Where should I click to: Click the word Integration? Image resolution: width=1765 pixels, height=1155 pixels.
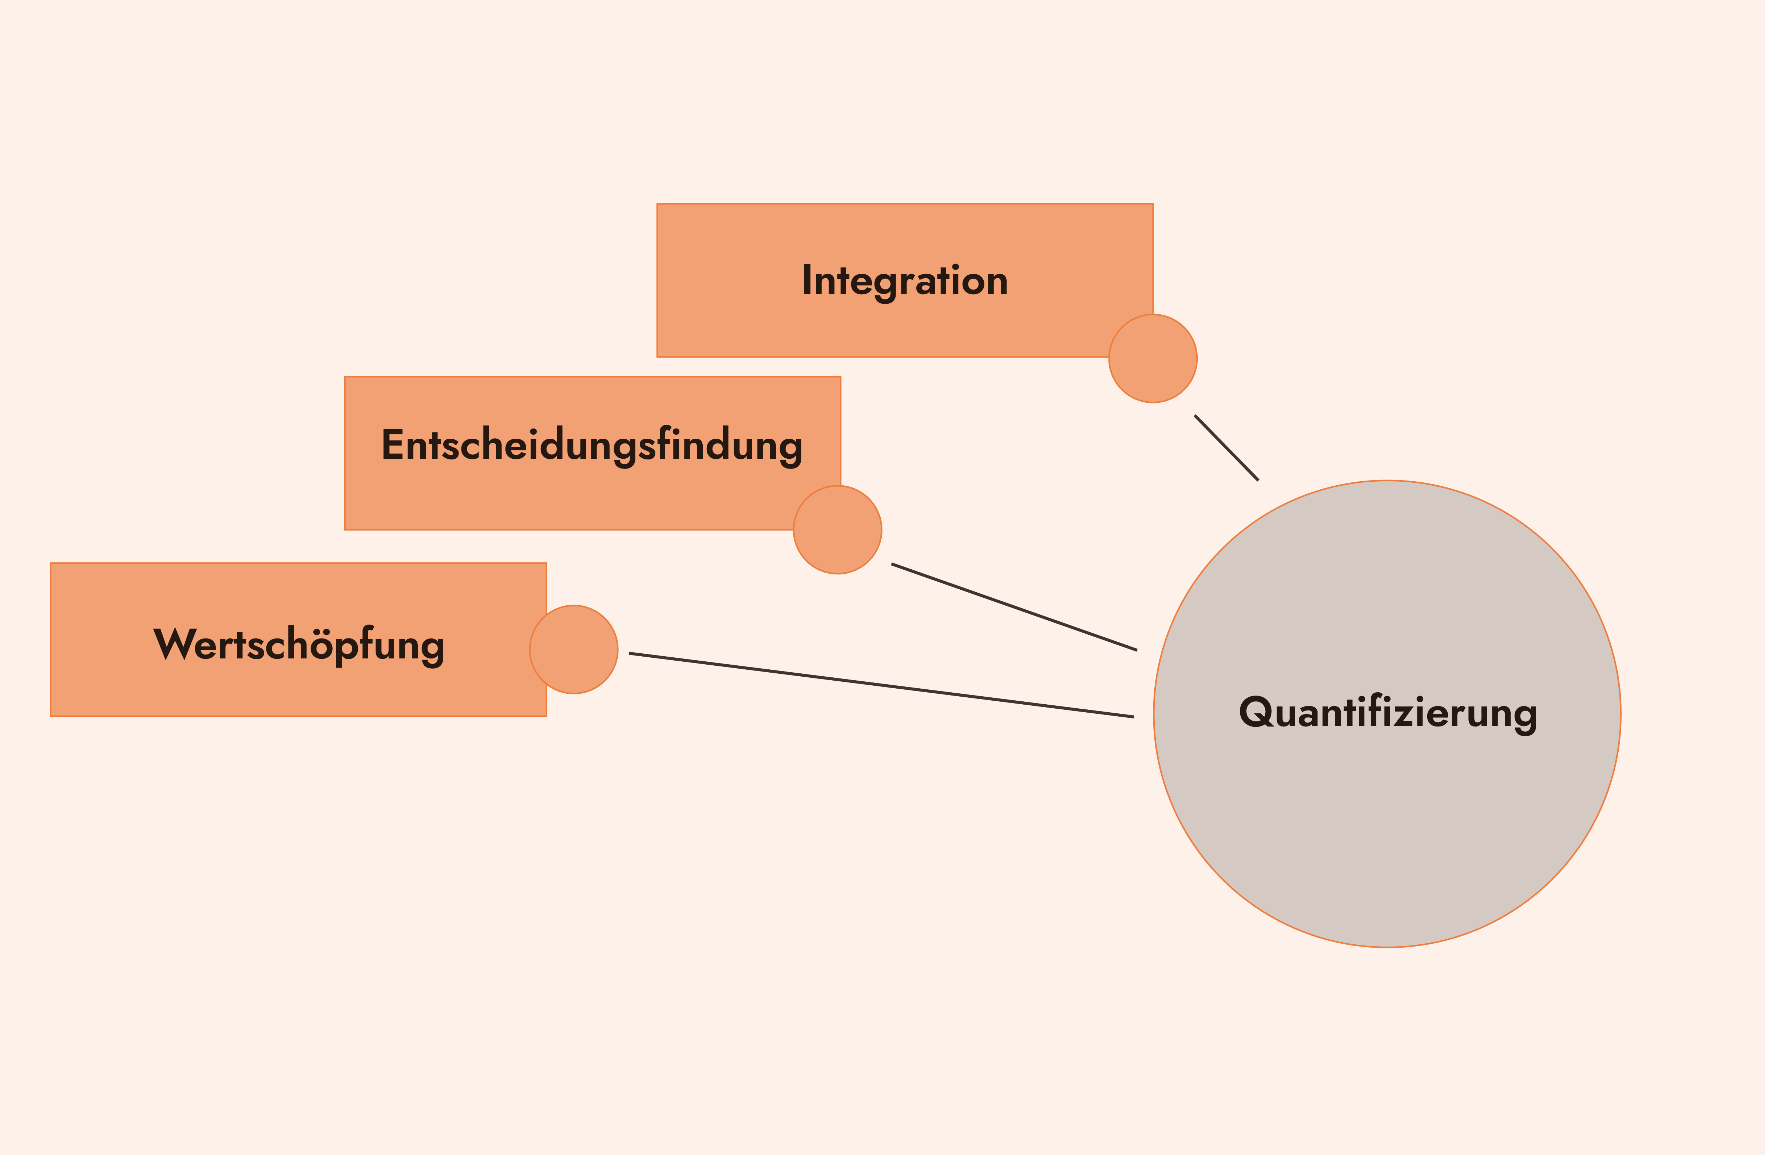[905, 282]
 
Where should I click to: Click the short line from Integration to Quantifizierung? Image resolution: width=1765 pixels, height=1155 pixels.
[1227, 448]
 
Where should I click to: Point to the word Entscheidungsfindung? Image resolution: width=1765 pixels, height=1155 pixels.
[592, 446]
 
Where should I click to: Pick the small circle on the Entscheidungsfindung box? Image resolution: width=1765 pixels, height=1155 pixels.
[837, 530]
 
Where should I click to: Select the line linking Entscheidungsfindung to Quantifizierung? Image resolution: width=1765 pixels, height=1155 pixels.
[1014, 607]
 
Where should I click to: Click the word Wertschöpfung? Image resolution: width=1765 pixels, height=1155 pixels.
[299, 645]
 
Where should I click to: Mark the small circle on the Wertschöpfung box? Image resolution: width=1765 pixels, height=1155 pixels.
[574, 649]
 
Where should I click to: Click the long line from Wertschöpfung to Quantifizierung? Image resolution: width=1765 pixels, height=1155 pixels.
[881, 685]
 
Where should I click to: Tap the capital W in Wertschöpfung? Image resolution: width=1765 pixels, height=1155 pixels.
[175, 644]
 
